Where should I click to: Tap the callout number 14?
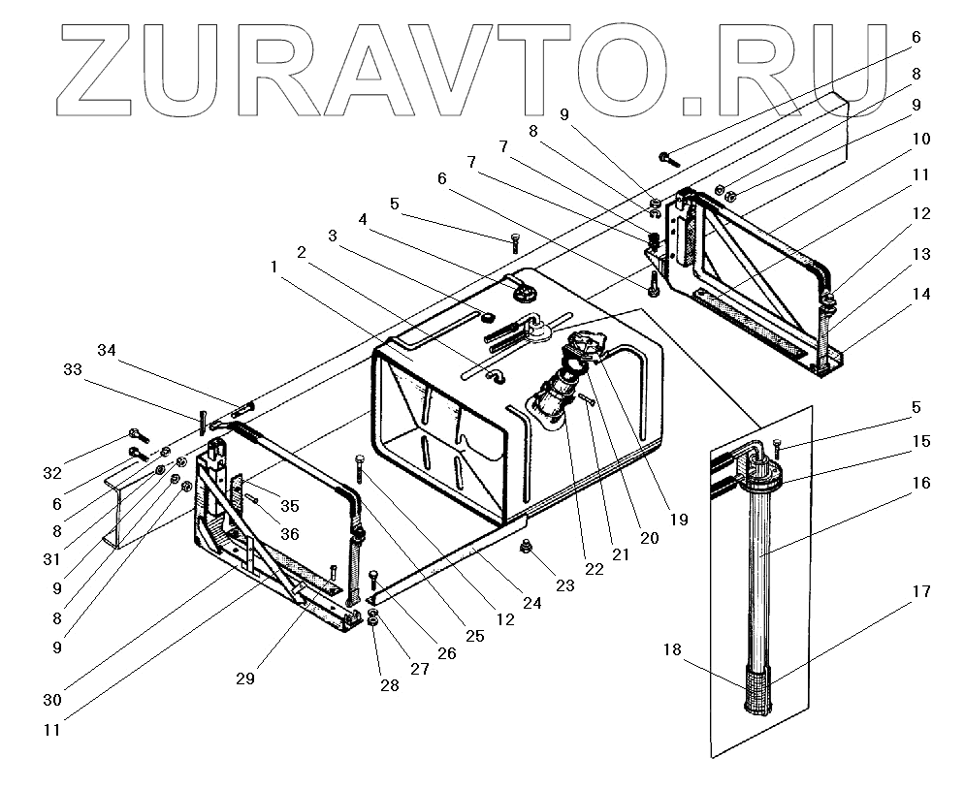922,294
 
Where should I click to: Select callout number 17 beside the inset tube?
922,590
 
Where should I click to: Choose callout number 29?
245,679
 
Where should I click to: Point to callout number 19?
678,520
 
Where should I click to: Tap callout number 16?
921,482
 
